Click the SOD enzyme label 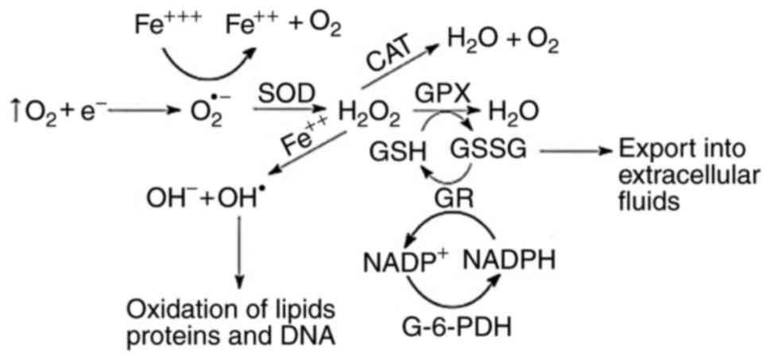pos(281,90)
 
